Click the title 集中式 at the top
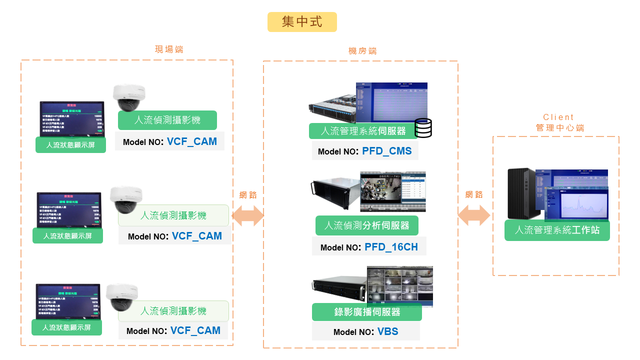(302, 22)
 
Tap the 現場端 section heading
(169, 49)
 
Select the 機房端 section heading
(362, 51)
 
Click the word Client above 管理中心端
(558, 117)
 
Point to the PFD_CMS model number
(387, 151)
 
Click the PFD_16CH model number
(391, 247)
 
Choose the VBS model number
(387, 331)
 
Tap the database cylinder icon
(423, 128)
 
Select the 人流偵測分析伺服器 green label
(366, 225)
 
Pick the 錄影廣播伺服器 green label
(367, 312)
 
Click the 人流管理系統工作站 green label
(557, 230)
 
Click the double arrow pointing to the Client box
(474, 215)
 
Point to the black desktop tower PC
(521, 193)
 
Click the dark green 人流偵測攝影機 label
(167, 120)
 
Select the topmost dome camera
(129, 97)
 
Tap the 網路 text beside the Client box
(474, 194)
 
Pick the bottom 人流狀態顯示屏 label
(66, 328)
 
